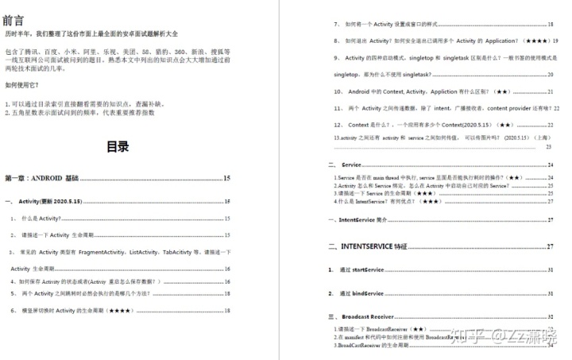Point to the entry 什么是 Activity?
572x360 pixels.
41,218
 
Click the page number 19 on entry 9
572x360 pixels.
555,40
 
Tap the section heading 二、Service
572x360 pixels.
350,165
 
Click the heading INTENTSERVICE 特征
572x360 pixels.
374,246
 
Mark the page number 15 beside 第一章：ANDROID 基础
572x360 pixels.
227,179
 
